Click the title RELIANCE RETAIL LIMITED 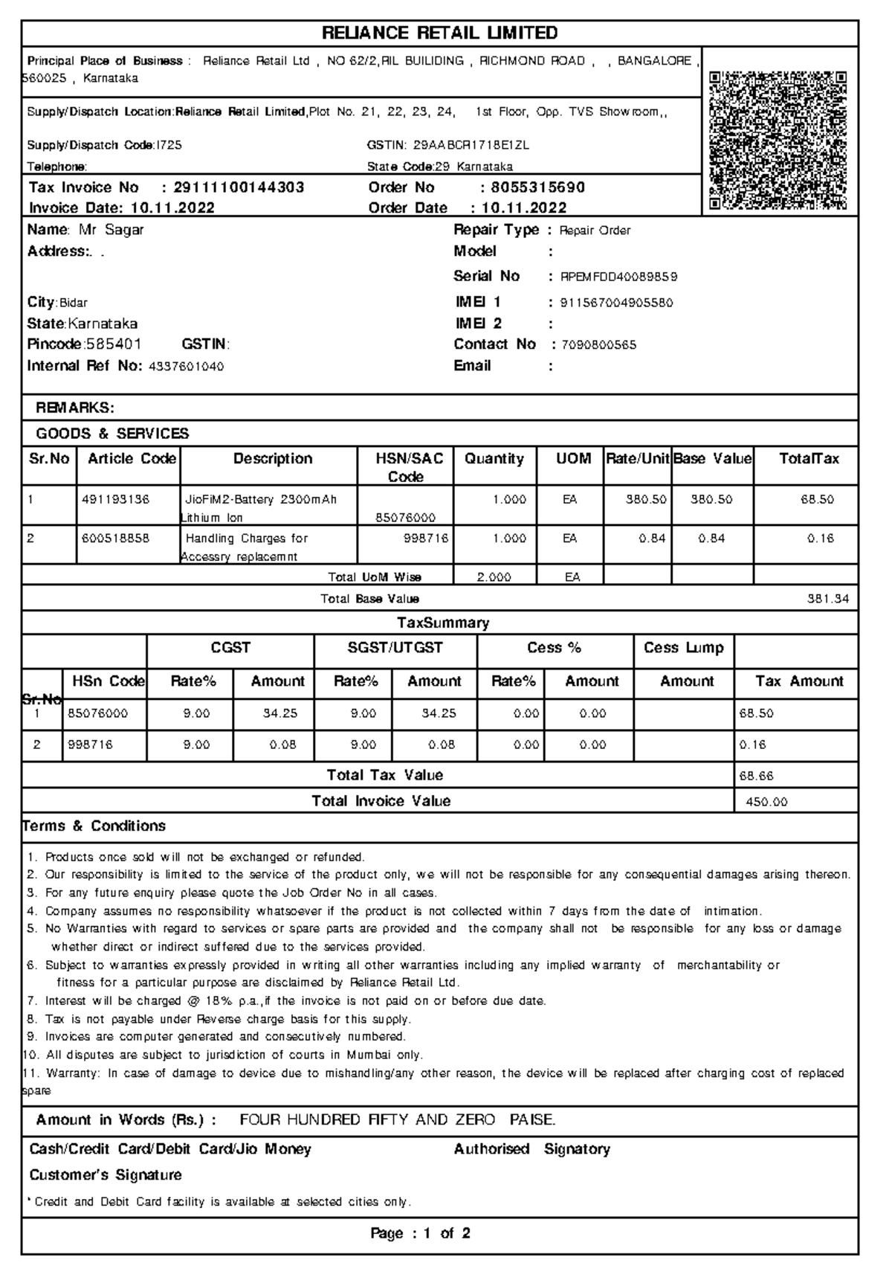(x=439, y=33)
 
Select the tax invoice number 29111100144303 (x=239, y=187)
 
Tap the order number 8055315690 (x=537, y=187)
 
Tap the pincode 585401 (x=113, y=344)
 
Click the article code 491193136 (x=115, y=500)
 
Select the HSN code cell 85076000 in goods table (x=406, y=518)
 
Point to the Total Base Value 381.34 (x=827, y=599)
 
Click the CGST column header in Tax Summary (x=230, y=648)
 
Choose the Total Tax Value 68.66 (x=757, y=776)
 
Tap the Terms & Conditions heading (x=94, y=826)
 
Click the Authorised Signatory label (x=531, y=1149)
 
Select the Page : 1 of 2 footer (x=420, y=1233)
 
